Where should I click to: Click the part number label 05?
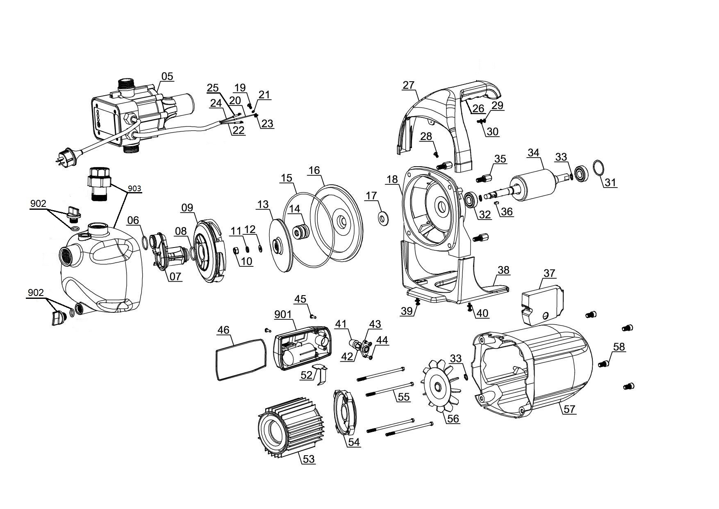pyautogui.click(x=167, y=77)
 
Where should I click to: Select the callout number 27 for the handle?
pyautogui.click(x=409, y=85)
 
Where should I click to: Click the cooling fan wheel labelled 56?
pyautogui.click(x=441, y=386)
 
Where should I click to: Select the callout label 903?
pyautogui.click(x=134, y=189)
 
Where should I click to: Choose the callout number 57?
pyautogui.click(x=569, y=409)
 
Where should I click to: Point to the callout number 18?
pyautogui.click(x=392, y=179)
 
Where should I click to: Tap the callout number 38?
pyautogui.click(x=503, y=270)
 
